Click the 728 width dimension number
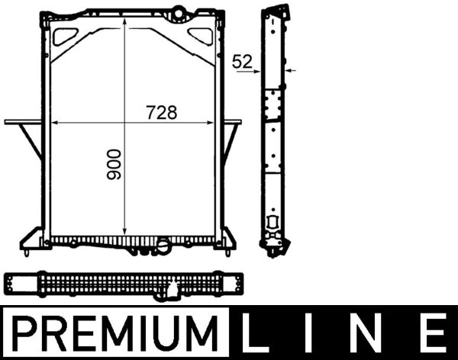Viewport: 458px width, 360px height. pyautogui.click(x=161, y=112)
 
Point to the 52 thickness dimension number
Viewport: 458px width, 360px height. pyautogui.click(x=243, y=63)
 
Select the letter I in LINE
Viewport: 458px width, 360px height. pyautogui.click(x=318, y=334)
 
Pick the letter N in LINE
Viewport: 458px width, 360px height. pyautogui.click(x=375, y=334)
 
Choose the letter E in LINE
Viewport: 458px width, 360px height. pyautogui.click(x=433, y=334)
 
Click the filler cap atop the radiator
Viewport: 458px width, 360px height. pyautogui.click(x=179, y=11)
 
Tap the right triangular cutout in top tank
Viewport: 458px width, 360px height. pyautogui.click(x=200, y=35)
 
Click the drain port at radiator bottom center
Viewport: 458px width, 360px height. pyautogui.click(x=163, y=246)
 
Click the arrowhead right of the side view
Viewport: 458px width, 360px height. pyautogui.click(x=289, y=69)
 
